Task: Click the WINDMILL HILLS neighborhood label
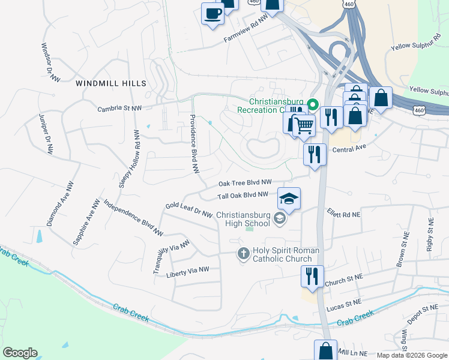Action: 110,83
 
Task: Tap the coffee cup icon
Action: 212,13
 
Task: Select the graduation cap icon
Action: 289,199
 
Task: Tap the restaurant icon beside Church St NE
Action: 312,277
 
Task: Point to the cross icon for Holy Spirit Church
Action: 243,253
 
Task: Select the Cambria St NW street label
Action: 119,108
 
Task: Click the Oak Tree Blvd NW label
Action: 245,182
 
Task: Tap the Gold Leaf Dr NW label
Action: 189,210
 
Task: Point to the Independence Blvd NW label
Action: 133,217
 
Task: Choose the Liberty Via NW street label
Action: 188,272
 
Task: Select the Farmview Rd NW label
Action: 246,32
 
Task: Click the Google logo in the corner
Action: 20,353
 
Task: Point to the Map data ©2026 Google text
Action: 412,355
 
